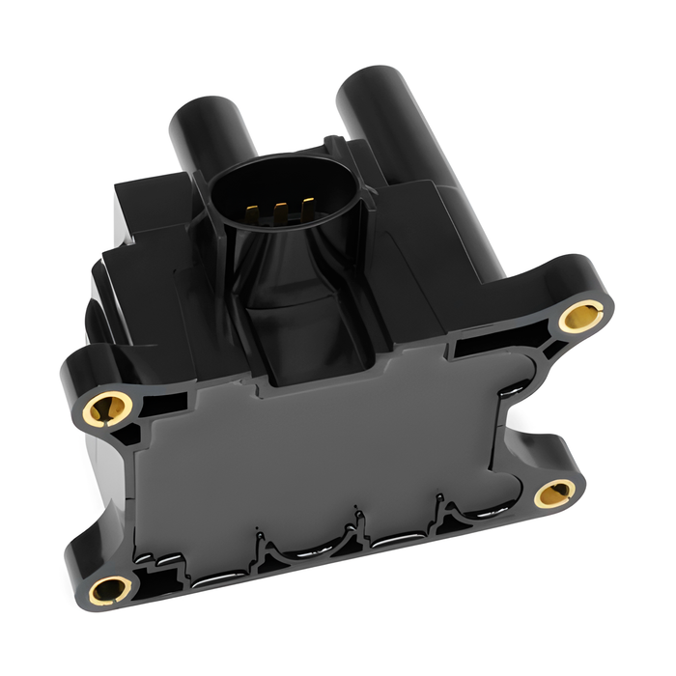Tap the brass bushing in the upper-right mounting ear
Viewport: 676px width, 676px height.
pyautogui.click(x=582, y=314)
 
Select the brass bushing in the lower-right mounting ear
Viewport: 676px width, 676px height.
pyautogui.click(x=555, y=493)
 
